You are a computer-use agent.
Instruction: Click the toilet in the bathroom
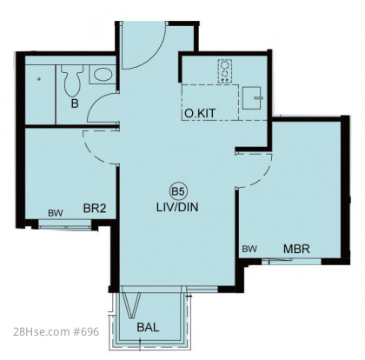pyautogui.click(x=72, y=80)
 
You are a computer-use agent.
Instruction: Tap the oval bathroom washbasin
pyautogui.click(x=103, y=75)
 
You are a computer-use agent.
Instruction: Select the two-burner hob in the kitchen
pyautogui.click(x=225, y=71)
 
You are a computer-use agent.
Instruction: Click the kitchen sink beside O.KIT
pyautogui.click(x=252, y=97)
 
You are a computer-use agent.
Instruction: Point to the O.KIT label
pyautogui.click(x=200, y=113)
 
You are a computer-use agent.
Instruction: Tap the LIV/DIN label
pyautogui.click(x=177, y=207)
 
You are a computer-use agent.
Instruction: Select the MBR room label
pyautogui.click(x=296, y=249)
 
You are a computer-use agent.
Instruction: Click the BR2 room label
pyautogui.click(x=95, y=208)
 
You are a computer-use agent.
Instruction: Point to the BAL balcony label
pyautogui.click(x=148, y=327)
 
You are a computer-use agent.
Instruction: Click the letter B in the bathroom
pyautogui.click(x=75, y=103)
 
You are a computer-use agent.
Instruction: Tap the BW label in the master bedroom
pyautogui.click(x=249, y=249)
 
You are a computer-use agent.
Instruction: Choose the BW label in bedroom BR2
pyautogui.click(x=56, y=213)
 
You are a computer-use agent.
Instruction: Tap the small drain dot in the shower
pyautogui.click(x=39, y=79)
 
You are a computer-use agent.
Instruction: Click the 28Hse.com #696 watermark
pyautogui.click(x=56, y=331)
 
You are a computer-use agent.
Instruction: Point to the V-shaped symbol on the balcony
pyautogui.click(x=131, y=305)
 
